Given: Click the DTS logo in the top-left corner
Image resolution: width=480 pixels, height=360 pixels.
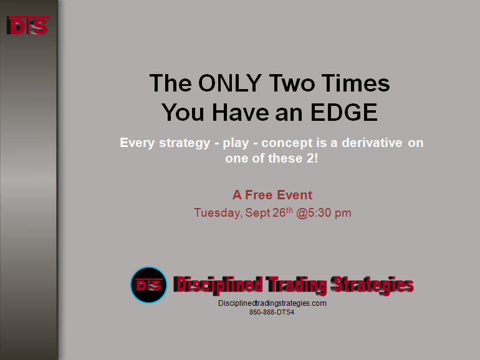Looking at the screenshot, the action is [x=28, y=26].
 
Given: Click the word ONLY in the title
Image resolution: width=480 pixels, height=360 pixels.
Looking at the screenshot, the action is [x=230, y=83].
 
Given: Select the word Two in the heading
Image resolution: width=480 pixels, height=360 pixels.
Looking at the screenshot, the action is [x=292, y=83].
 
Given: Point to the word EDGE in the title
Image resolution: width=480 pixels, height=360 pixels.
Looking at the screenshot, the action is [x=343, y=112].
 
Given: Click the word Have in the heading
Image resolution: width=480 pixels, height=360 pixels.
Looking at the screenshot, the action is [x=240, y=112].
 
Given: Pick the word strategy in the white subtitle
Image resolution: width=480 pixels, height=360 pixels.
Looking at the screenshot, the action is [x=185, y=143].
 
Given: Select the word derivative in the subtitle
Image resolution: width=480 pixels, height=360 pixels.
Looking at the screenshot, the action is [x=372, y=143].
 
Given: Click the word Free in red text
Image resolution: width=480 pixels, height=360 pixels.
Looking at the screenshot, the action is [x=259, y=195].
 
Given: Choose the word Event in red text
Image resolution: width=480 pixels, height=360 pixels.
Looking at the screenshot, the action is [x=294, y=195].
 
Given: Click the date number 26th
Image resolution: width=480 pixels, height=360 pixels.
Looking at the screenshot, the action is [x=282, y=212].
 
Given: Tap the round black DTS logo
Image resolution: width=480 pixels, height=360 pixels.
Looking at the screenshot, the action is [x=149, y=285].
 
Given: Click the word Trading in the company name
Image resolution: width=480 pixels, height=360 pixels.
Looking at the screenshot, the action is [x=296, y=285].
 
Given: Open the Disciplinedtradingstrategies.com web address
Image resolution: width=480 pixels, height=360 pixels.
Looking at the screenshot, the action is [x=272, y=303].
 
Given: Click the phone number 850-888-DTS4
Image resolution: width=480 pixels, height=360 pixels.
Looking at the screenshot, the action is [x=272, y=312].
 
